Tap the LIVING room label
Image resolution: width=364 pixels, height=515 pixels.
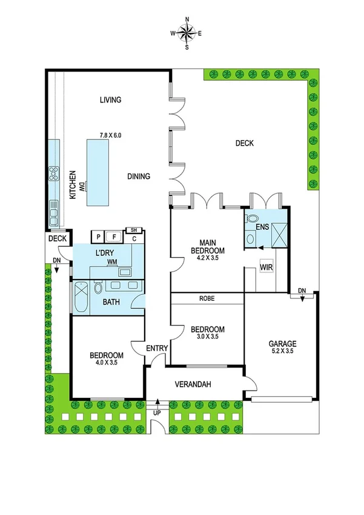[x=111, y=100]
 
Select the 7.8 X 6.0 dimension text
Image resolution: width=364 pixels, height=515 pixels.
[x=111, y=135]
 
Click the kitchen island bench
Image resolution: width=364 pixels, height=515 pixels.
[x=100, y=173]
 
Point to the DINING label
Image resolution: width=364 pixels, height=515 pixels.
[x=139, y=177]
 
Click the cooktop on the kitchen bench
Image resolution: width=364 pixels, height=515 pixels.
[x=53, y=175]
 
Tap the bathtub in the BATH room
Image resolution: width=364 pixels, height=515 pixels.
[x=81, y=297]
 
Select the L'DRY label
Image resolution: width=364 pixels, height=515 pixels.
[x=105, y=252]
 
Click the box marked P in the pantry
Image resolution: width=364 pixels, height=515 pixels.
[x=98, y=236]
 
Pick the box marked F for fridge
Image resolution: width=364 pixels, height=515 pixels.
[x=114, y=236]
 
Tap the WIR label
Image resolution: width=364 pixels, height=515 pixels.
[x=265, y=266]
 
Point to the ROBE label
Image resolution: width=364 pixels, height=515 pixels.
[x=207, y=298]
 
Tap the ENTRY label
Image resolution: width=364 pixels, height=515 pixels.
[x=157, y=348]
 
